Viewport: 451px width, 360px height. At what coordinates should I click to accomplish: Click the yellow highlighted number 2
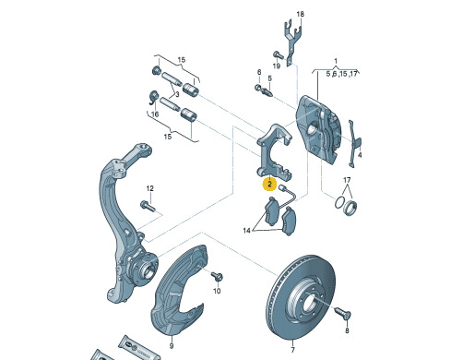tap(269, 185)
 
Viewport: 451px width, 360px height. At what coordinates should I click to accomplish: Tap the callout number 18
tap(301, 14)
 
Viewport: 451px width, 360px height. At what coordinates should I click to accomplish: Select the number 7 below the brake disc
tap(292, 350)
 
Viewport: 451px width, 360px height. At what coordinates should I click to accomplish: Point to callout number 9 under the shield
tap(172, 346)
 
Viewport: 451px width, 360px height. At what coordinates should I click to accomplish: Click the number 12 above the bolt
tap(149, 188)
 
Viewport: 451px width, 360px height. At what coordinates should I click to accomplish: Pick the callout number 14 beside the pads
tap(246, 231)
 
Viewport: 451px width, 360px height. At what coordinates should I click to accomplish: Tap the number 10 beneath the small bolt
tap(217, 291)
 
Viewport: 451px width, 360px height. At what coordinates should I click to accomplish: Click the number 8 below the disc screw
tap(347, 330)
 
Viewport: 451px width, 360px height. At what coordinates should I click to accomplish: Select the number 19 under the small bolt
tap(277, 66)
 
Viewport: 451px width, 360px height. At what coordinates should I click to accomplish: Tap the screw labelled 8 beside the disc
tap(342, 313)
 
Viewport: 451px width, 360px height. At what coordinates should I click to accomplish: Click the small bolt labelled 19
tap(279, 54)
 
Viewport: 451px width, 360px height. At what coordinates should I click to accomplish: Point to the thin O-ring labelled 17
tap(339, 202)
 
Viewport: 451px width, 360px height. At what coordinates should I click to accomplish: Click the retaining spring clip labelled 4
tap(354, 143)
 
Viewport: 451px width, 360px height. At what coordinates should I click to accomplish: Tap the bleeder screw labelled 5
tap(267, 91)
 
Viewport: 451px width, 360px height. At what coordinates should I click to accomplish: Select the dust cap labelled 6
tap(258, 88)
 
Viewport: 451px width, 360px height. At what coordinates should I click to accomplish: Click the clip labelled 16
tap(152, 98)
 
